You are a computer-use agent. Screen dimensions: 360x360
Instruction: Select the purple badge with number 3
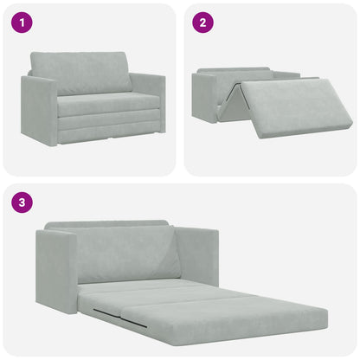coord(21,203)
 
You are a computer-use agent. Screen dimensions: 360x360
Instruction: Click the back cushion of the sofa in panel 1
coord(80,73)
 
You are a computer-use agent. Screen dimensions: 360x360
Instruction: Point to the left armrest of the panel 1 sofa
coord(39,111)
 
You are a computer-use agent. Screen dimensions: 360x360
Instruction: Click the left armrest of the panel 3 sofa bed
coord(56,270)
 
